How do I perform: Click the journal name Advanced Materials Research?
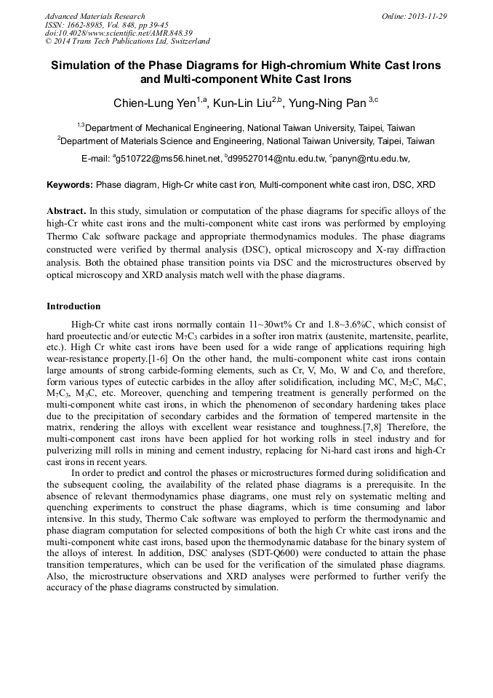click(x=95, y=16)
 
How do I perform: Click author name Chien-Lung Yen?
click(x=154, y=103)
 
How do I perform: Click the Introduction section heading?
click(x=73, y=306)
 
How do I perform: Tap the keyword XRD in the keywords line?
click(x=425, y=185)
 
